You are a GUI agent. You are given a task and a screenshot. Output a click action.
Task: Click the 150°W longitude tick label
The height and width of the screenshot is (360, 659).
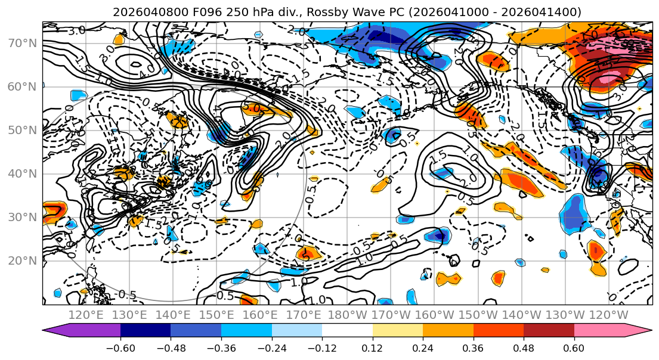pyautogui.click(x=479, y=315)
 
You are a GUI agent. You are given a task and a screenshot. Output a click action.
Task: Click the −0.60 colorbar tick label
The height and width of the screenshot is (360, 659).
pyautogui.click(x=120, y=347)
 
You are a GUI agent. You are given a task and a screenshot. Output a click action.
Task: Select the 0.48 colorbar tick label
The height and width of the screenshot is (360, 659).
pyautogui.click(x=524, y=347)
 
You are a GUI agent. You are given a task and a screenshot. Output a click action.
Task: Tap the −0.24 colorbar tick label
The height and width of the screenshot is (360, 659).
pyautogui.click(x=271, y=347)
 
